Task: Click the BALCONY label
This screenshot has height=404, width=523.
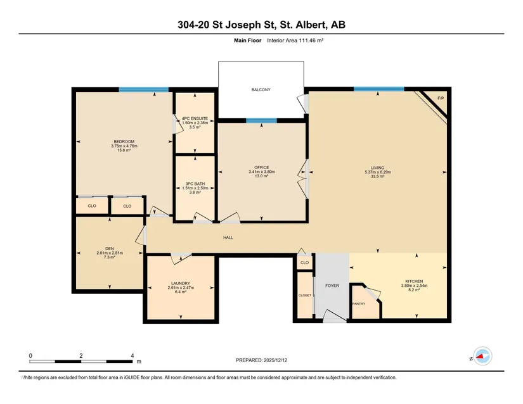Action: tap(261, 89)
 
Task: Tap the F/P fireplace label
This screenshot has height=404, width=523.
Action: tap(441, 98)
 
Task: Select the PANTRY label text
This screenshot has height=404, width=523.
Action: tap(359, 304)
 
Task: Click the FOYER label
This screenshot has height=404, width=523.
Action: tap(332, 286)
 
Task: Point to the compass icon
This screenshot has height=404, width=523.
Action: tap(482, 356)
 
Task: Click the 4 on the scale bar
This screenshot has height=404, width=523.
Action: tap(132, 356)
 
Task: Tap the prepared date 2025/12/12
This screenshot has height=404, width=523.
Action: tap(275, 360)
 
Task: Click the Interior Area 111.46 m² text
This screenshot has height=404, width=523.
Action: tap(295, 41)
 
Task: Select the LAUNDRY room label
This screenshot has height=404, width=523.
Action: tap(181, 284)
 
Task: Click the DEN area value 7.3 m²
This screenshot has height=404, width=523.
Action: tap(110, 257)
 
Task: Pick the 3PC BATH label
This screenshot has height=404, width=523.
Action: tap(195, 184)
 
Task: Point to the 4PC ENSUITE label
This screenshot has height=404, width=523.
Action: tap(195, 118)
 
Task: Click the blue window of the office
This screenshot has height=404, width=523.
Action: tap(261, 120)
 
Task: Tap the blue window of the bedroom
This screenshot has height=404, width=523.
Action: tap(144, 89)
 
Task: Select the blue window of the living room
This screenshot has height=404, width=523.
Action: tap(379, 89)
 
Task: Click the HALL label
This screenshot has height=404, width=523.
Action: tap(228, 237)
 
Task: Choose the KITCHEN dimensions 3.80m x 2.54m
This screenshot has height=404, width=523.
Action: tap(414, 286)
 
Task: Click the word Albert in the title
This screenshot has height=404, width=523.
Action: tap(311, 25)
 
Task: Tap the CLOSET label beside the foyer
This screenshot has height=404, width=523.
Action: tap(305, 296)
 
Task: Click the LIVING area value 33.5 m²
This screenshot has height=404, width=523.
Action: tap(378, 177)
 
